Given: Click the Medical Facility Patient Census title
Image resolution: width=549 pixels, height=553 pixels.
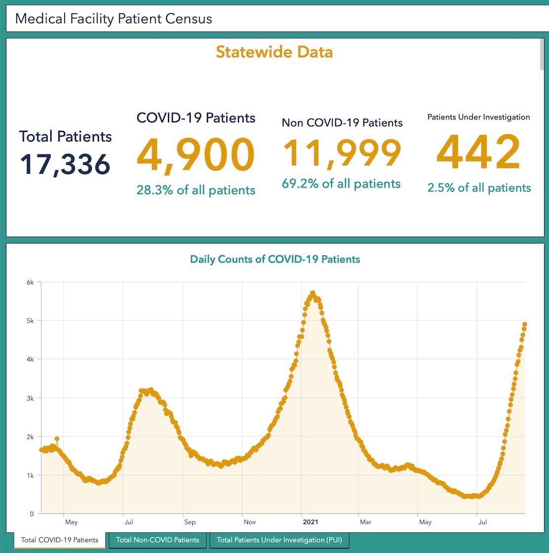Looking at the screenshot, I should [x=114, y=19].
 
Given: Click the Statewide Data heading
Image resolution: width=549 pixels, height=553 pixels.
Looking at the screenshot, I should [x=274, y=52].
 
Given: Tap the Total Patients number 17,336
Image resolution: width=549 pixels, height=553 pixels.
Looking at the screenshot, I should [x=65, y=164].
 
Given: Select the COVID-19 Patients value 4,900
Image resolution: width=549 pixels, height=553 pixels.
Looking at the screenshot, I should [x=196, y=156].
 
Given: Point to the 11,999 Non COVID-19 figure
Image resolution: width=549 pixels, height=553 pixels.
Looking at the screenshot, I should [x=342, y=153].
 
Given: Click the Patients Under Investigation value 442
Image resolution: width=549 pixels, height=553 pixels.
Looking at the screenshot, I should [x=478, y=153].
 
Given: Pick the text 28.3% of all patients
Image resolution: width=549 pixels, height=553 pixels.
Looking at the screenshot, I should [x=196, y=190].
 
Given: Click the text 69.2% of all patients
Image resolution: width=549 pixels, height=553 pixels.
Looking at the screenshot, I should [x=341, y=184].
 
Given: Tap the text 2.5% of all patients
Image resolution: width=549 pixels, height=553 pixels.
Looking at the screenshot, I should [x=479, y=188].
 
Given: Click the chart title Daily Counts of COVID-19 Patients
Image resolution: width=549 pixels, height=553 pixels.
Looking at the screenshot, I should [x=275, y=259].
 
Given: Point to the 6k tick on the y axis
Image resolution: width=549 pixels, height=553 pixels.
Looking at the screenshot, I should [x=30, y=282].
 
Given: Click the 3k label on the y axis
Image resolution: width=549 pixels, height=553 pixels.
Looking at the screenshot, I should [x=30, y=398].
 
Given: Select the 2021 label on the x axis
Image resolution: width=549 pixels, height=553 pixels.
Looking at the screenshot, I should [x=310, y=522].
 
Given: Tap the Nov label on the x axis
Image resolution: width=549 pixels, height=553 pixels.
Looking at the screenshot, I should [x=250, y=522].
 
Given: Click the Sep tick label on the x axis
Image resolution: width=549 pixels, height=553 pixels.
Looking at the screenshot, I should [x=190, y=522].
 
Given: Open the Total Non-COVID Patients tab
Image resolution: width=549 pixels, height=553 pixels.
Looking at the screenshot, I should [x=158, y=540].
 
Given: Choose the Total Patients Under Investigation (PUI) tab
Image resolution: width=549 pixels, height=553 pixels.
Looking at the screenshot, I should [x=279, y=540].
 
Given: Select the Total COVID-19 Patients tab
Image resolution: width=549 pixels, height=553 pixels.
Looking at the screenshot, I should [x=59, y=540].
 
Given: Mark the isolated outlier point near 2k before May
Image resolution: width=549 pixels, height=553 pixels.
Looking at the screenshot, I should [x=57, y=438].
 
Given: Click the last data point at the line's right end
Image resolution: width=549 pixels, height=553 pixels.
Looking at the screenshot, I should [x=525, y=324].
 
